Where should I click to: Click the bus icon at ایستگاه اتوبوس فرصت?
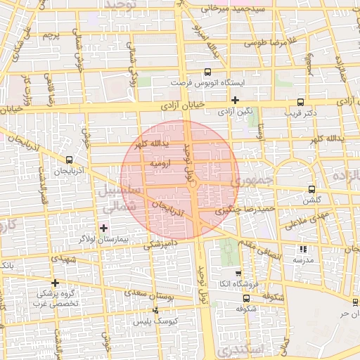click(x=207, y=72)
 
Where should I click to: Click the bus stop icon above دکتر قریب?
click(x=301, y=101)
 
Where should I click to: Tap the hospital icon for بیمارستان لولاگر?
click(x=104, y=227)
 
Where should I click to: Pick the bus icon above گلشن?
click(x=311, y=189)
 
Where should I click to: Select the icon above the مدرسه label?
click(x=303, y=249)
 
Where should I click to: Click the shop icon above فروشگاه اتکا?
click(x=238, y=274)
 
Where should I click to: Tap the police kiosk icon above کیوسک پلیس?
click(x=156, y=310)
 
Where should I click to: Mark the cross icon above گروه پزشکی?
click(x=56, y=283)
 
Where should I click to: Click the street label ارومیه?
click(x=160, y=162)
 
